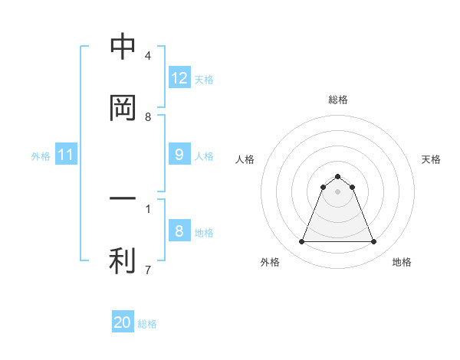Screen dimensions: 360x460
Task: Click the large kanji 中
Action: (123, 47)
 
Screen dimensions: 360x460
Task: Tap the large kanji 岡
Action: (123, 108)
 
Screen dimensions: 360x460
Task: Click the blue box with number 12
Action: (179, 78)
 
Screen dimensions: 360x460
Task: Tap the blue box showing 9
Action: (179, 155)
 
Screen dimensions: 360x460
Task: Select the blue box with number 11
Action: (65, 155)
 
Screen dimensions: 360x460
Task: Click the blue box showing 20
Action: (123, 322)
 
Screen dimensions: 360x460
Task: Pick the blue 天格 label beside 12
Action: (204, 80)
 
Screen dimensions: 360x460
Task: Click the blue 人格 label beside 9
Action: (204, 156)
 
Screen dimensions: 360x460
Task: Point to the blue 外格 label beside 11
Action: (41, 156)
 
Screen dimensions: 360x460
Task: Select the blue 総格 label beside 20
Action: (147, 324)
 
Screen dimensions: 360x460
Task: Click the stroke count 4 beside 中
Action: (147, 56)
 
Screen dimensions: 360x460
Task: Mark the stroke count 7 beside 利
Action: (147, 270)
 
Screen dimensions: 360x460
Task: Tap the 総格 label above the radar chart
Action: (338, 100)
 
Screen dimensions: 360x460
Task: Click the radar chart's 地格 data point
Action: (374, 242)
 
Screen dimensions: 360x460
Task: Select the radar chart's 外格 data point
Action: (301, 242)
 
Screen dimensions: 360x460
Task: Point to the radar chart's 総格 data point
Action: (338, 177)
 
